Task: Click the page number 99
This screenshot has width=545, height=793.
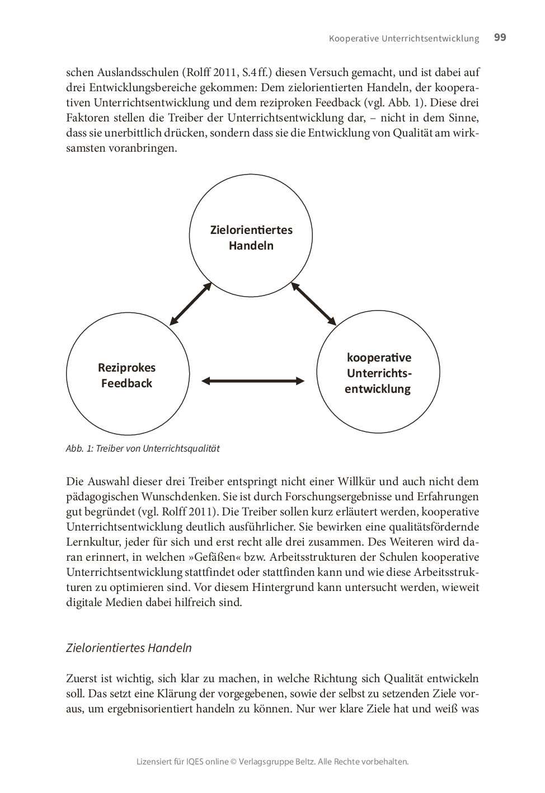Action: (500, 37)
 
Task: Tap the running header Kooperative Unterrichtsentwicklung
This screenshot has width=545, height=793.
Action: (404, 39)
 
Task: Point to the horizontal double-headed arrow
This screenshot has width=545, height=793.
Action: (253, 381)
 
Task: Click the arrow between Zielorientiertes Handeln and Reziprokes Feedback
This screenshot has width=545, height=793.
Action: (190, 304)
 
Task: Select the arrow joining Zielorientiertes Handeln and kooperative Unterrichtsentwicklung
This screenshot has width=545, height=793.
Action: (313, 304)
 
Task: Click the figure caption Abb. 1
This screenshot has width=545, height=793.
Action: (143, 448)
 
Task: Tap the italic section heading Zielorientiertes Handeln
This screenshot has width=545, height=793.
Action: (129, 648)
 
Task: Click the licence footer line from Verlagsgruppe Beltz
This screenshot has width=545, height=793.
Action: (272, 762)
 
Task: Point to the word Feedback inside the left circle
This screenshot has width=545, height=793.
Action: (127, 383)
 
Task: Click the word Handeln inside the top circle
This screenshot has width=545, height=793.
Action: (251, 246)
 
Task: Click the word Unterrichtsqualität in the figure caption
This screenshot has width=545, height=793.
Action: (181, 448)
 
